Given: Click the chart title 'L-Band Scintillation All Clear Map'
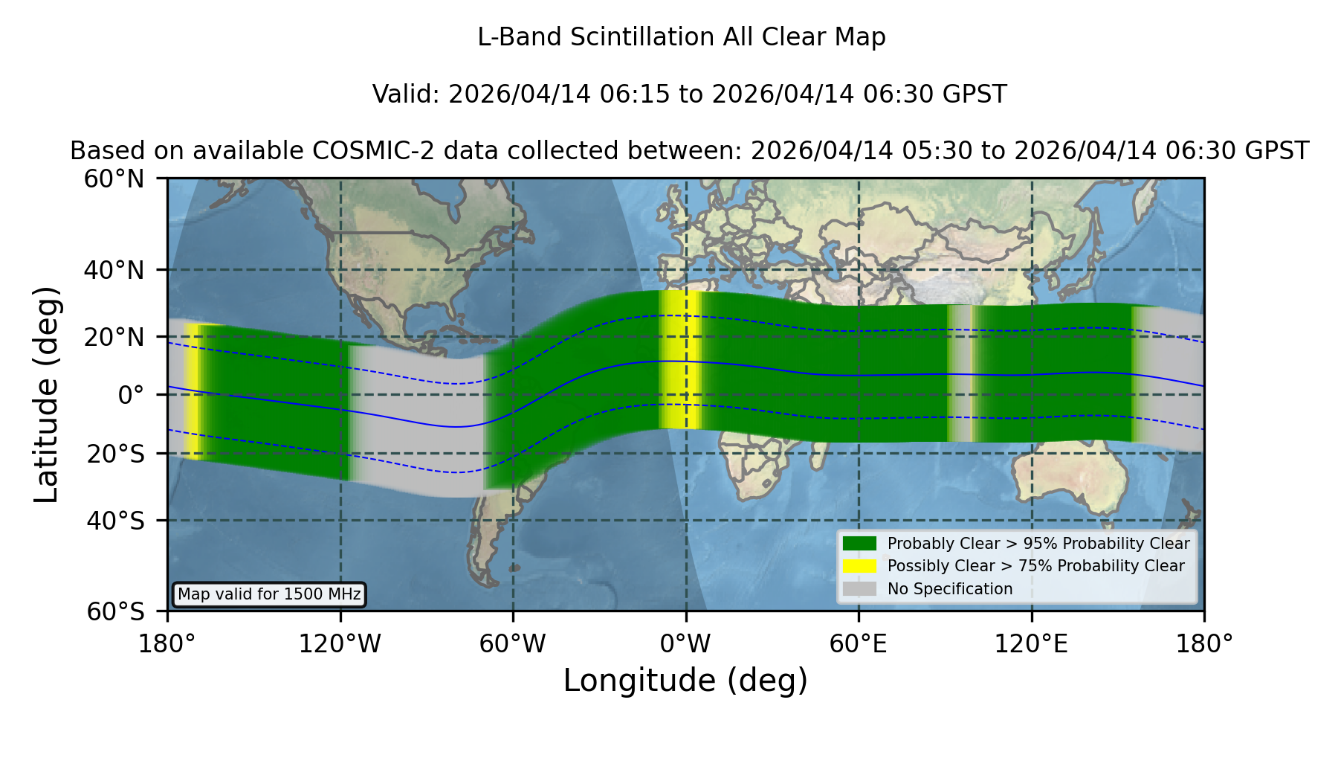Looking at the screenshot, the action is [x=681, y=37].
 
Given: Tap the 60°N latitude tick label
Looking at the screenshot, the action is [x=114, y=179].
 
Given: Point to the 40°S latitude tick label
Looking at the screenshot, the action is [x=115, y=521].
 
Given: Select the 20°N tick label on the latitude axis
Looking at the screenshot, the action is [x=114, y=337].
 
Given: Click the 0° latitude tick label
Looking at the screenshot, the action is [x=131, y=395].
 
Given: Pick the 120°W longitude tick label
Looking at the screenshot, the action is [x=340, y=644].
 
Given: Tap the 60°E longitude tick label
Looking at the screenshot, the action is [x=859, y=644].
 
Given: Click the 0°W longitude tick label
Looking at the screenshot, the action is [x=685, y=644].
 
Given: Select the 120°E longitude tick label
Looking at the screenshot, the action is [x=1031, y=644].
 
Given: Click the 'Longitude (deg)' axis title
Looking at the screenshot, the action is [x=685, y=681].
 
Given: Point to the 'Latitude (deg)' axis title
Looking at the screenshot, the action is [x=46, y=394].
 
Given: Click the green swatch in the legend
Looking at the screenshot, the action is [x=859, y=543].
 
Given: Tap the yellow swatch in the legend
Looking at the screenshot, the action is [x=859, y=565].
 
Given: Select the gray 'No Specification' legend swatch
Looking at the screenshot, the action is [x=859, y=588].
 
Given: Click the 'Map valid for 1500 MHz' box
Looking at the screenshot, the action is [x=269, y=594].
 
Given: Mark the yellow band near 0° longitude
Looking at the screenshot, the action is [x=681, y=360].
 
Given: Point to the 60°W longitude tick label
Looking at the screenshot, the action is [x=513, y=644].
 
